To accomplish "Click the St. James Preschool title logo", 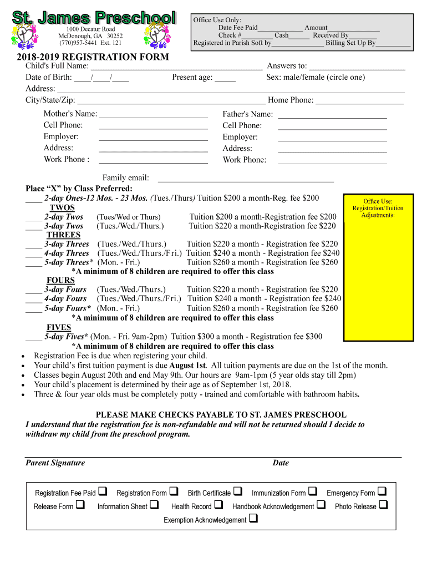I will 94,17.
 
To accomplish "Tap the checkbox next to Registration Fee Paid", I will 104,491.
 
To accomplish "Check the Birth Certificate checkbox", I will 238,491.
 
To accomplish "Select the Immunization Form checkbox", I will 313,491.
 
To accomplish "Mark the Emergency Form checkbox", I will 382,491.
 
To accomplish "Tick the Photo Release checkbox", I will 383,505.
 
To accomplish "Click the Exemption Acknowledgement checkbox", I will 253,519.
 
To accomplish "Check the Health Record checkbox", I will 218,505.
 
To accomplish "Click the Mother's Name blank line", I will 153,116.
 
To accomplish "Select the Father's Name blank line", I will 332,116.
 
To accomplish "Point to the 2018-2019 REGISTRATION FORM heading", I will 93,57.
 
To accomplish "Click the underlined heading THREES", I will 63,235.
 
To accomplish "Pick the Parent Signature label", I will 55,463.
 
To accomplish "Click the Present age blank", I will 225,80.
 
